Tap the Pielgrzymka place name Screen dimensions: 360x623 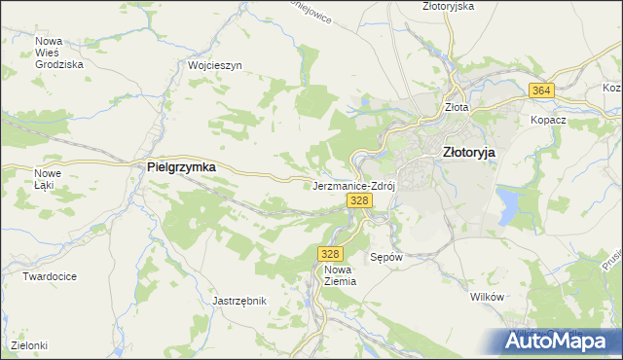pyautogui.click(x=181, y=167)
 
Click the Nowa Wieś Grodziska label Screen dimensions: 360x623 pyautogui.click(x=58, y=53)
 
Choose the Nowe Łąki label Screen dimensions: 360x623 pyautogui.click(x=48, y=179)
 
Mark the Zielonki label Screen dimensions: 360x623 pyautogui.click(x=29, y=345)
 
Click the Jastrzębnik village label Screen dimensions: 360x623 pyautogui.click(x=239, y=301)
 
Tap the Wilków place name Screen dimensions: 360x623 pyautogui.click(x=485, y=297)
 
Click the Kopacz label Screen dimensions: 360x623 pyautogui.click(x=548, y=120)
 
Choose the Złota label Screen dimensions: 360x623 pyautogui.click(x=457, y=108)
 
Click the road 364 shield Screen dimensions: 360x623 pyautogui.click(x=542, y=90)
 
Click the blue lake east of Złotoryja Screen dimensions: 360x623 pyautogui.click(x=508, y=203)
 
